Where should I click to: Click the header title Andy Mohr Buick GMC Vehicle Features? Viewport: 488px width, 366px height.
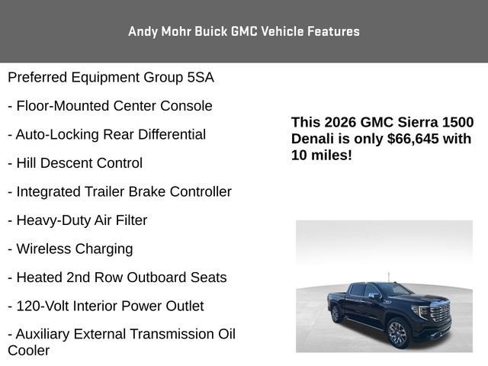(244, 31)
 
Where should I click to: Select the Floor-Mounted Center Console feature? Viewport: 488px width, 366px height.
(110, 106)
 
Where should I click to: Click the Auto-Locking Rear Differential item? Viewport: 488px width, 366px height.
(107, 134)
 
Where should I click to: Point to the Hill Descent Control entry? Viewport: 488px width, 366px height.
(75, 163)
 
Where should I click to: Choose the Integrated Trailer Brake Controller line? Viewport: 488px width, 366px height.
(120, 191)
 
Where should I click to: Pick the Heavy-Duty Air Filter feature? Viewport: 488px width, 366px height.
(78, 220)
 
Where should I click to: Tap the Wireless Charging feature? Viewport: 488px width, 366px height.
(70, 249)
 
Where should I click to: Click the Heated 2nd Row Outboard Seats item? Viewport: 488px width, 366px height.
(117, 278)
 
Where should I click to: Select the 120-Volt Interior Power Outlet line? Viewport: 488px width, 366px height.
(106, 306)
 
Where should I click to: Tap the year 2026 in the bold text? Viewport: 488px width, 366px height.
(341, 123)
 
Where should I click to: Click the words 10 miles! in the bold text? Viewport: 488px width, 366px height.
(322, 155)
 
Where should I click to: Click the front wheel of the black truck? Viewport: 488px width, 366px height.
(397, 332)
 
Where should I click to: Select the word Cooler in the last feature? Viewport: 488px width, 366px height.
(29, 351)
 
